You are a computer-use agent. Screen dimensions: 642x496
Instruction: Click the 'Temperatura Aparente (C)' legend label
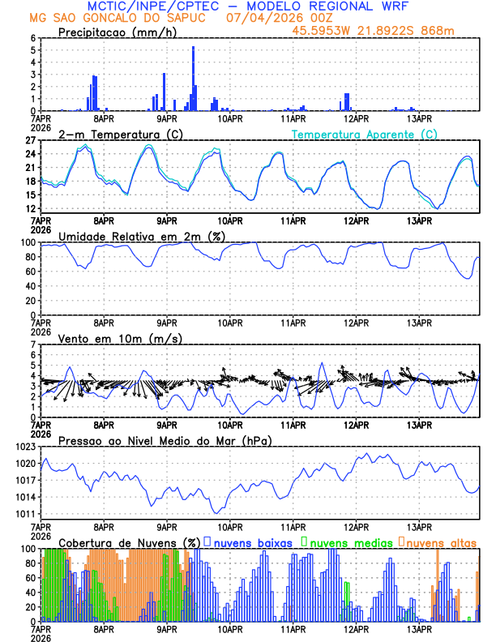point(365,134)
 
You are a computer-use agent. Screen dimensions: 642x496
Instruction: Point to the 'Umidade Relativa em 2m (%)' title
point(141,236)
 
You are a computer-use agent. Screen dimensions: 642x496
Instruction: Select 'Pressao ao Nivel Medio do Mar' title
point(165,440)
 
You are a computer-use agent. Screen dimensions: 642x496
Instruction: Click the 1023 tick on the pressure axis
point(28,447)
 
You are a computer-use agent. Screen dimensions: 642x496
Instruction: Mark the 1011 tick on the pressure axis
point(28,514)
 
